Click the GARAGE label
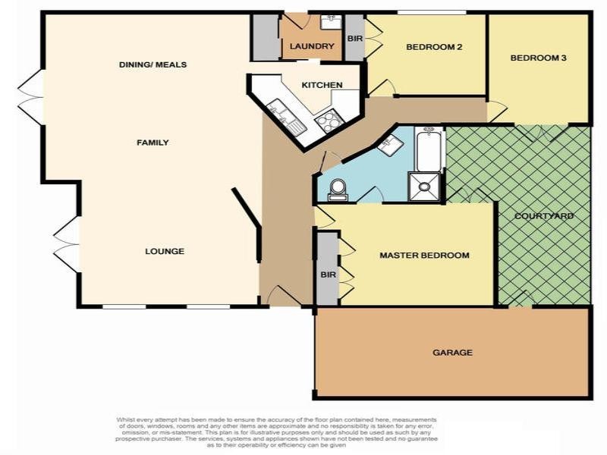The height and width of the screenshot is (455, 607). point(452,353)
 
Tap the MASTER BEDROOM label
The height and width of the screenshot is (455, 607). point(424,256)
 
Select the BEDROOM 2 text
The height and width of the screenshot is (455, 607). point(434,47)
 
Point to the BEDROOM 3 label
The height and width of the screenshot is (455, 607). point(538,58)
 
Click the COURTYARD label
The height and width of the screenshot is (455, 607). point(543,216)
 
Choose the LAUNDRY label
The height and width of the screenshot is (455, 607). point(312,46)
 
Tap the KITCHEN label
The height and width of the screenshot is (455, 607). point(322,85)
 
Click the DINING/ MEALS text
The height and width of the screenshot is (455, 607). point(153,65)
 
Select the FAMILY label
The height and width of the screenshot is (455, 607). point(153,143)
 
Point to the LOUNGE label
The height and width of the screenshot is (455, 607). point(165,251)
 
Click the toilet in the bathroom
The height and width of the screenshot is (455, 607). point(338,188)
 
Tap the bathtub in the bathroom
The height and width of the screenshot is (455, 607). point(429,149)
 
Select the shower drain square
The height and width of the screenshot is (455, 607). point(424,187)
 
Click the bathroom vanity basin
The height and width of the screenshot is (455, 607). point(390,145)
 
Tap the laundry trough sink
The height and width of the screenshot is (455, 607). point(331,21)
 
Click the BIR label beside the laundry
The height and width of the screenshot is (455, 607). point(354,38)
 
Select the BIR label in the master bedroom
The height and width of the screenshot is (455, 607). point(328,273)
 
